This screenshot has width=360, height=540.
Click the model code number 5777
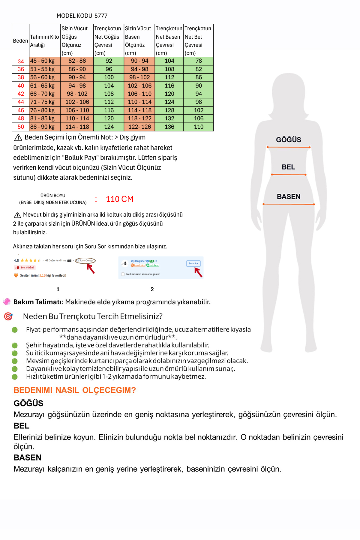(x=101, y=16)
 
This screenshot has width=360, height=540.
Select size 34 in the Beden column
(x=21, y=61)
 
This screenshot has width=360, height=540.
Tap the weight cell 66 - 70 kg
(x=42, y=94)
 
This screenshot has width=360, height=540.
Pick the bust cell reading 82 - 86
(x=77, y=61)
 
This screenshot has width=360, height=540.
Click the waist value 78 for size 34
(x=199, y=61)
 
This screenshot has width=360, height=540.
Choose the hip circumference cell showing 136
(x=169, y=127)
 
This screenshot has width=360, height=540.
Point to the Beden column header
(x=20, y=41)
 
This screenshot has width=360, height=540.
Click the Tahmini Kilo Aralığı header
(x=44, y=41)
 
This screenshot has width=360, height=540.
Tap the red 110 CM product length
(x=119, y=199)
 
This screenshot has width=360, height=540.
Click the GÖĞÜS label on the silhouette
(x=288, y=140)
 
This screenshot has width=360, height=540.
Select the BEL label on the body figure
(x=288, y=167)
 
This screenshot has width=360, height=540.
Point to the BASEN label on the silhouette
(x=288, y=197)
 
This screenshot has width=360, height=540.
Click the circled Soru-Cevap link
(x=85, y=260)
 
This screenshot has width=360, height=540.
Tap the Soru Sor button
(x=193, y=263)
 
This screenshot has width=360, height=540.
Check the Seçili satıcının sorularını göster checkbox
(x=123, y=274)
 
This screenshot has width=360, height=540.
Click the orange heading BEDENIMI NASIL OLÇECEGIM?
(x=75, y=390)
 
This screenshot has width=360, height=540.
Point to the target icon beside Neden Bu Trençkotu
(x=8, y=316)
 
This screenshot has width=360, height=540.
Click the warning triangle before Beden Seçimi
(x=18, y=138)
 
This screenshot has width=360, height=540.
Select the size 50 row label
(x=21, y=127)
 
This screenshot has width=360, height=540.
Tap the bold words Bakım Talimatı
(x=38, y=302)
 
